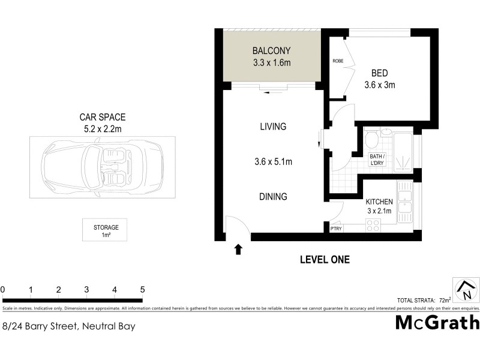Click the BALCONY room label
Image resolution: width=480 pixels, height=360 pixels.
(x=272, y=50)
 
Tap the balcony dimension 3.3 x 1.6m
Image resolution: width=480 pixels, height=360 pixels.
(x=272, y=62)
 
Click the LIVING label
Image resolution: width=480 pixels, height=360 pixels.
(x=273, y=127)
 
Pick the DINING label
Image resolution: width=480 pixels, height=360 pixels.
(x=273, y=196)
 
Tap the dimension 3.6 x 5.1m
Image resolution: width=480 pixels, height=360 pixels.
(x=273, y=161)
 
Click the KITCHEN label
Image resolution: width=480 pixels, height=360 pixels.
(x=379, y=202)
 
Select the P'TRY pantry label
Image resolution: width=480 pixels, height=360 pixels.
(x=336, y=229)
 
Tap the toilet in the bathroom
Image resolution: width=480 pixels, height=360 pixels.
(x=372, y=140)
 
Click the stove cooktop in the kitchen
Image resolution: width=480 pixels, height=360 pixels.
(x=373, y=226)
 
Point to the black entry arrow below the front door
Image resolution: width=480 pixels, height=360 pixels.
(x=238, y=248)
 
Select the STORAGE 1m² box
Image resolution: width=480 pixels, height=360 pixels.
(x=106, y=230)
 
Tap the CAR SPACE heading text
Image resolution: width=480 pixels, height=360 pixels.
(x=103, y=118)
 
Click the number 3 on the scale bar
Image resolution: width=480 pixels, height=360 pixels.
(x=86, y=290)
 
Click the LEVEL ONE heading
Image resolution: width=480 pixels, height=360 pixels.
(x=325, y=260)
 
